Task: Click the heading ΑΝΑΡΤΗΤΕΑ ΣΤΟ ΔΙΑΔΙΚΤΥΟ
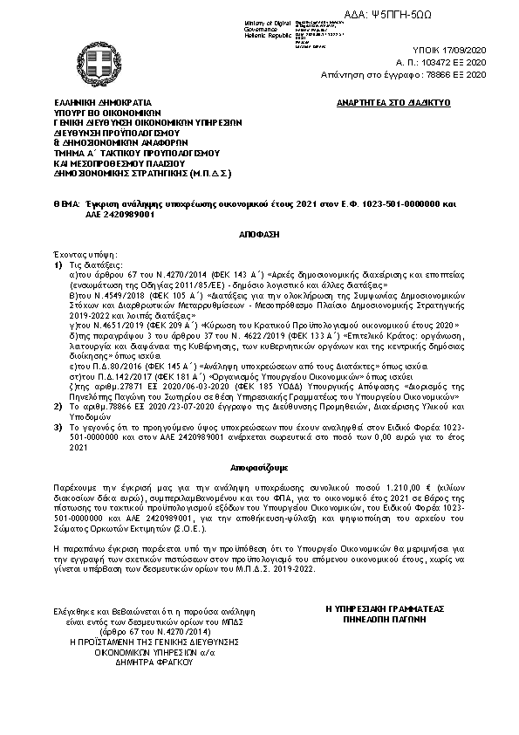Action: pyautogui.click(x=392, y=102)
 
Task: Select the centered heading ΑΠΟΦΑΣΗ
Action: pyautogui.click(x=258, y=236)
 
